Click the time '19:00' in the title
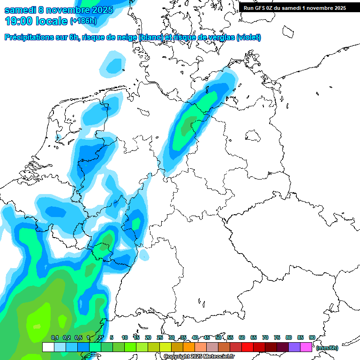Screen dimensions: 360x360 tap(19, 21)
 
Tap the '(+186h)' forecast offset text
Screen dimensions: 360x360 tap(83, 21)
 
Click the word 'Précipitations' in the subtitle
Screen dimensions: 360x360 tap(28, 37)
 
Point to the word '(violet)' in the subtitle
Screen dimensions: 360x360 tap(248, 37)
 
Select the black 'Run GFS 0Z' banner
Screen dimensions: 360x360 tap(294, 7)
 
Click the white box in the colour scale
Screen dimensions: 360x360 tap(48, 347)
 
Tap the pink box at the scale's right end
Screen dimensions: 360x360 tap(306, 347)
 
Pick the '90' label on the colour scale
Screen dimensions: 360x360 tap(312, 337)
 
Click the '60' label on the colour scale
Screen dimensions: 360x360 tap(242, 337)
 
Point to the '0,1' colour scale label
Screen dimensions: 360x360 tap(55, 337)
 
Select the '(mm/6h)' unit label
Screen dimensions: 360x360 tap(327, 348)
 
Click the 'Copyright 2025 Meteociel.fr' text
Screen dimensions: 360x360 tap(199, 357)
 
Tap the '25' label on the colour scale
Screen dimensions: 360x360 tap(160, 337)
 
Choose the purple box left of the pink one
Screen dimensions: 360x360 tap(294, 347)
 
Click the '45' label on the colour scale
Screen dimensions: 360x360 tap(207, 337)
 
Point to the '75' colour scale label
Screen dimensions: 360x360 tap(277, 337)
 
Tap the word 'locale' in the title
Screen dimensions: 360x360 tap(52, 21)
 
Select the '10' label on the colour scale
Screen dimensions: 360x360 tap(125, 337)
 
